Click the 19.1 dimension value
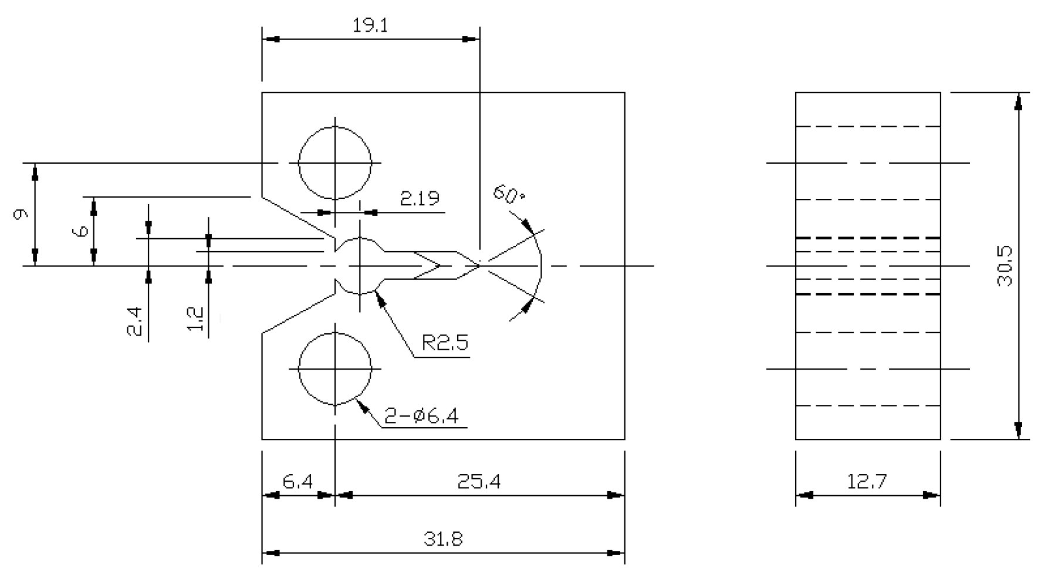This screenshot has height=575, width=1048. tap(370, 26)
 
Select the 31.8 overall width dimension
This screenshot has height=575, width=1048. tap(443, 539)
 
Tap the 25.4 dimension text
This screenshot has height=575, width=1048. tap(478, 482)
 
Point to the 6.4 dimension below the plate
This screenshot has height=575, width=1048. tap(298, 482)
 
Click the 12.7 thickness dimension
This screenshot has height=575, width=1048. tap(867, 482)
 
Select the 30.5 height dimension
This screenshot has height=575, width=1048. tap(1005, 266)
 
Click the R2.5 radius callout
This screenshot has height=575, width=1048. tap(445, 343)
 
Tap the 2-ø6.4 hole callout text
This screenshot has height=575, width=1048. tap(422, 416)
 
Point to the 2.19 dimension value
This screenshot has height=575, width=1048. tap(420, 199)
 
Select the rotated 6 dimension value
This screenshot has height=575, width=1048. tap(82, 231)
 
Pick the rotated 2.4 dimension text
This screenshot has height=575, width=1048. tap(134, 322)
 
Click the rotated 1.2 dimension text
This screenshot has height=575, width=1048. tap(195, 319)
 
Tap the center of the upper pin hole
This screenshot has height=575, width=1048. tap(335, 163)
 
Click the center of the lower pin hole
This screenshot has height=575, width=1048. tap(335, 369)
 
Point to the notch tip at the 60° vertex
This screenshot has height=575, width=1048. tap(479, 265)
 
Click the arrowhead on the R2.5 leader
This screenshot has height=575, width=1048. tap(381, 299)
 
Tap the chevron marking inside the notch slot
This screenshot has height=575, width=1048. tap(431, 266)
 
